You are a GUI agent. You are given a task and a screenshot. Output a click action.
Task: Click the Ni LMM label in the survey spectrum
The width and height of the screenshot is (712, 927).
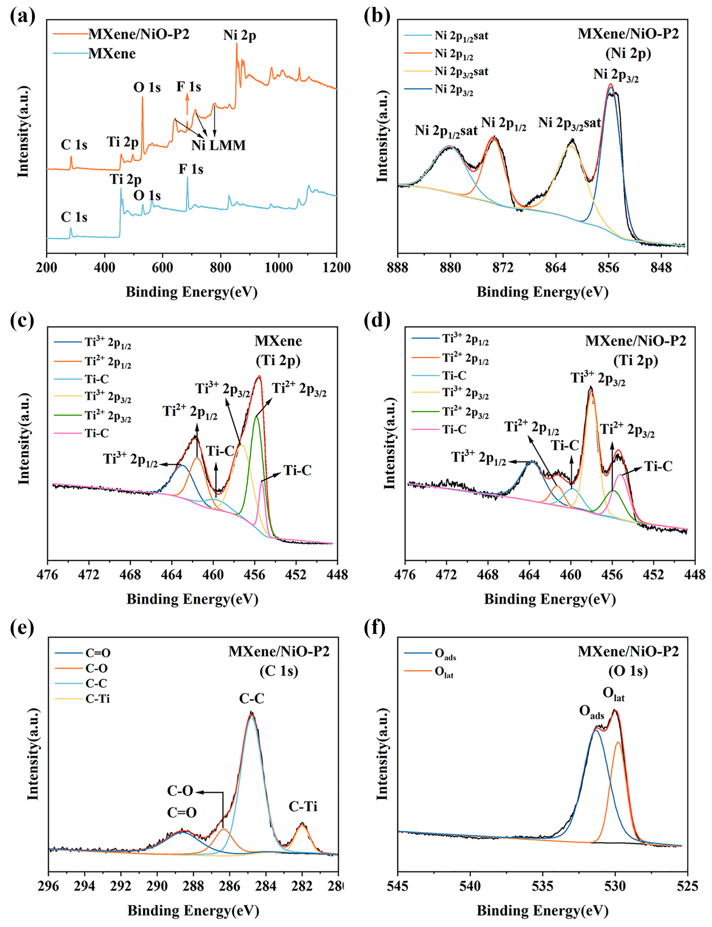218,145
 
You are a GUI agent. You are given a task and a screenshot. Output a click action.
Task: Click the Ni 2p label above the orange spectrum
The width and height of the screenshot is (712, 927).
240,35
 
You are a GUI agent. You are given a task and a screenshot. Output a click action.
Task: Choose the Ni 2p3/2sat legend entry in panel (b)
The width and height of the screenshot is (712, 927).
461,72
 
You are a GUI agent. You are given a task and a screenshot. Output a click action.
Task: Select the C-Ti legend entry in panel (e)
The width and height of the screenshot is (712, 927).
97,699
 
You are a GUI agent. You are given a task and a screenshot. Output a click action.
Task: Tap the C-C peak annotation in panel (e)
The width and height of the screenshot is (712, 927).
251,698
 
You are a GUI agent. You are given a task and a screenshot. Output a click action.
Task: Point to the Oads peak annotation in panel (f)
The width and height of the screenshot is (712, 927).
592,713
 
